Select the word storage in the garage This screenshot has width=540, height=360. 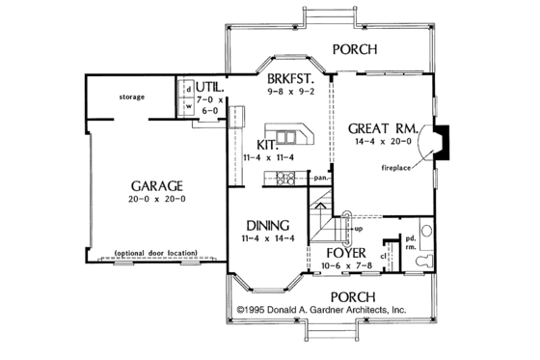[132, 97]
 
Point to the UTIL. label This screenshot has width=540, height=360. [211, 85]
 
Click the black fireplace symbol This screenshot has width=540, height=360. [439, 142]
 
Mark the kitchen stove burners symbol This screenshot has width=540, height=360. [285, 177]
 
